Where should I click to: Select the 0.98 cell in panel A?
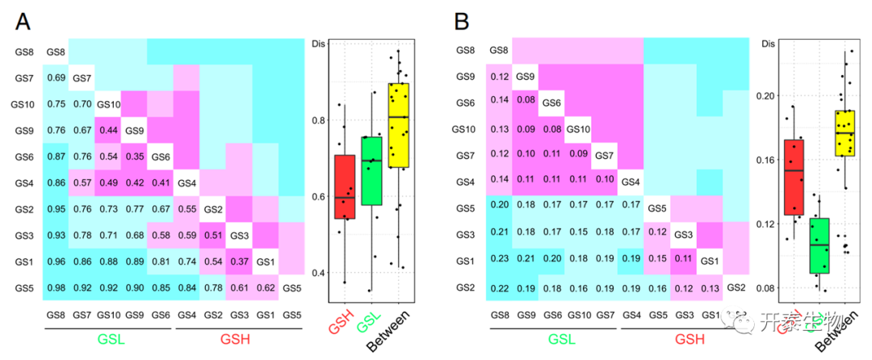[x=57, y=288]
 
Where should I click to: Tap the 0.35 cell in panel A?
[x=134, y=157]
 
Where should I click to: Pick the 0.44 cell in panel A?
[x=108, y=131]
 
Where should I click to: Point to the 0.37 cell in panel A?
[x=239, y=262]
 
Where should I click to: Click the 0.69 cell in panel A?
[x=57, y=78]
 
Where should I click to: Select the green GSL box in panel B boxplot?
[x=819, y=245]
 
